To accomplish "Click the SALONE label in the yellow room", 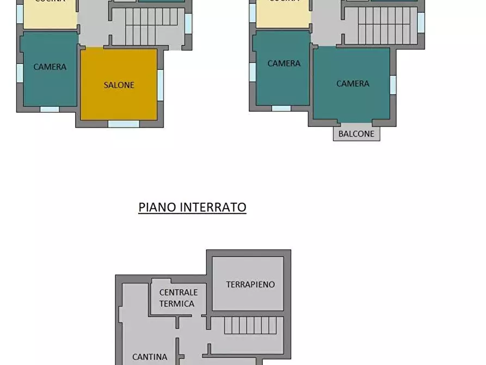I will [119, 85].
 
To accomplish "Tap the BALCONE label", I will [356, 133].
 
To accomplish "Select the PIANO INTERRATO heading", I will [192, 208].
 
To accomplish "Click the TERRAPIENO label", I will [250, 284].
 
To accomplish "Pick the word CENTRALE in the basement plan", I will [178, 293].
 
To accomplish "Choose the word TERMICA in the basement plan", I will [177, 303].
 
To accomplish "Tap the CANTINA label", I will [150, 357].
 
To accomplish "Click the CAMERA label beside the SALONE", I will [50, 67].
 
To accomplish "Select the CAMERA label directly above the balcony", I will [353, 83].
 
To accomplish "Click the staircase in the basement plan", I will [254, 325].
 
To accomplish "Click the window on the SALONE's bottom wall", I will [124, 124].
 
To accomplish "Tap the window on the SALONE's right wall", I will [161, 84].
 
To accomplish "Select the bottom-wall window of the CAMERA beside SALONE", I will [50, 109].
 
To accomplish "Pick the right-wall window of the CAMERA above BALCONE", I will [393, 84].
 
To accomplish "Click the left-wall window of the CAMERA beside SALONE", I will [20, 73].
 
